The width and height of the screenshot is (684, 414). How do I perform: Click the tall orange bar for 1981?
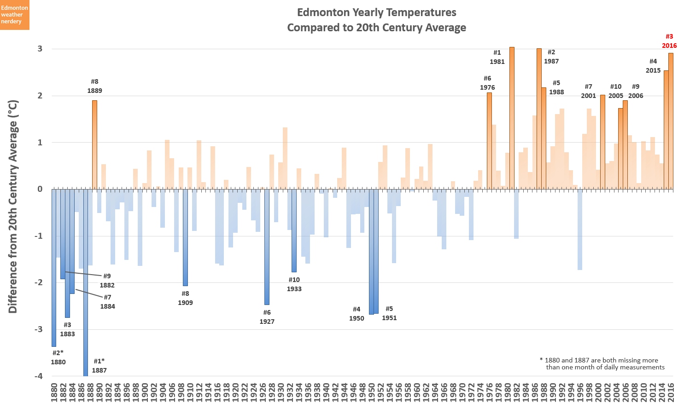coord(512,118)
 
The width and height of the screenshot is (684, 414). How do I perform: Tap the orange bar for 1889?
coord(94,144)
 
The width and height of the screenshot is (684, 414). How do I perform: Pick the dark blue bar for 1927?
coord(267,247)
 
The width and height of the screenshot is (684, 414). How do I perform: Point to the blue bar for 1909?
coord(185,237)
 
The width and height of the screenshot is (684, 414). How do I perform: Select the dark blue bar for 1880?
coord(54,267)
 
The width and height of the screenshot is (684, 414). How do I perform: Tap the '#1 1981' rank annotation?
coord(497,57)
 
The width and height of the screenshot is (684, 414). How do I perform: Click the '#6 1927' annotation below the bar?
coord(267,317)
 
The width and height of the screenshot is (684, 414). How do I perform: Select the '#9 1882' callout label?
coord(107,281)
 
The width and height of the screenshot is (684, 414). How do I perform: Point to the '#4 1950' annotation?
coord(357,314)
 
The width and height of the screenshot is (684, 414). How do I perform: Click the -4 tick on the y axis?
coord(38,376)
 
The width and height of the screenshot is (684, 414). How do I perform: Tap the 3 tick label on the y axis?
coord(40,49)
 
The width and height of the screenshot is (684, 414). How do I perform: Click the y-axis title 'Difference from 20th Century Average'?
coord(13,207)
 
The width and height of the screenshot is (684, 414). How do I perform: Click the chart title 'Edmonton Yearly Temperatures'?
coord(376,12)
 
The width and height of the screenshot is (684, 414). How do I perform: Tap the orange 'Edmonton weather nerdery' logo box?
coord(15,15)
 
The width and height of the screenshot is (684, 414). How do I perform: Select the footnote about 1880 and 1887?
coord(602,364)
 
